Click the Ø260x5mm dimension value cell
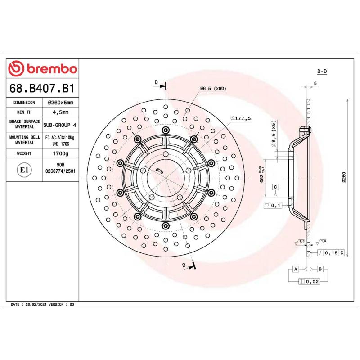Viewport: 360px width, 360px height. coord(61,103)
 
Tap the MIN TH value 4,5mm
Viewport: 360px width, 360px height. coord(61,112)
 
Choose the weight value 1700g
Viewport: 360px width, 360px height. coord(61,153)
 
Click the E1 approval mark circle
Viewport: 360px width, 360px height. coord(23,170)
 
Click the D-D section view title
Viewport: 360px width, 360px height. coord(322,72)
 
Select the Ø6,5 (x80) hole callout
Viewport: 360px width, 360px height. coord(213,89)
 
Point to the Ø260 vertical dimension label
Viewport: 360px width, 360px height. coord(343,178)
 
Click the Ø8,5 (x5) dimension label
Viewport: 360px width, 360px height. coord(273,133)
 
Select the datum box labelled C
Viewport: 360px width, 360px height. coord(275,187)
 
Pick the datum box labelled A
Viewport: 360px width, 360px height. coord(295,269)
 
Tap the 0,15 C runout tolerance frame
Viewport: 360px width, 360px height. coord(331,253)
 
